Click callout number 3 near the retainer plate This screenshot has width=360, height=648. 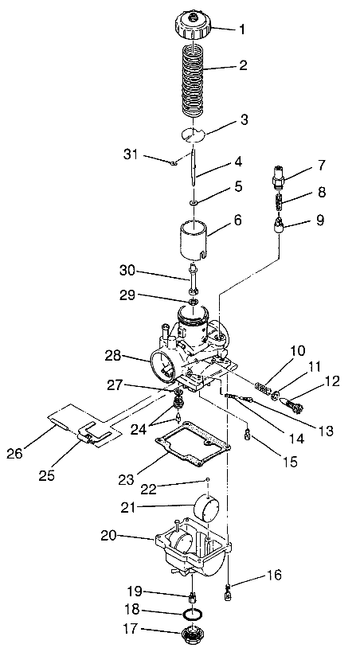(244, 120)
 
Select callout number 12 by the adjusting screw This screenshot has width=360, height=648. (333, 381)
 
